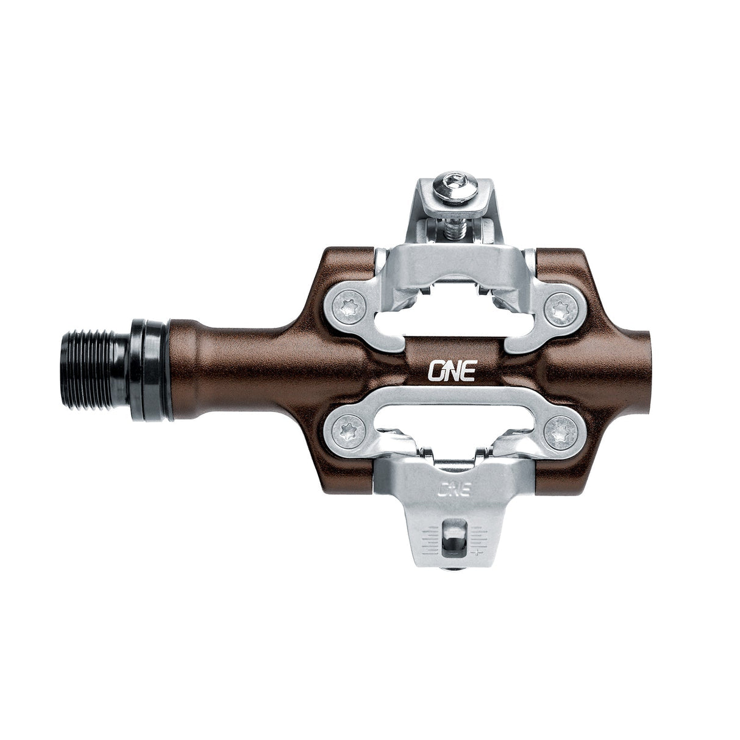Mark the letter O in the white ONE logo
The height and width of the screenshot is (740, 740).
(438, 371)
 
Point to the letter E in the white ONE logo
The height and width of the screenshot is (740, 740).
(468, 371)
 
